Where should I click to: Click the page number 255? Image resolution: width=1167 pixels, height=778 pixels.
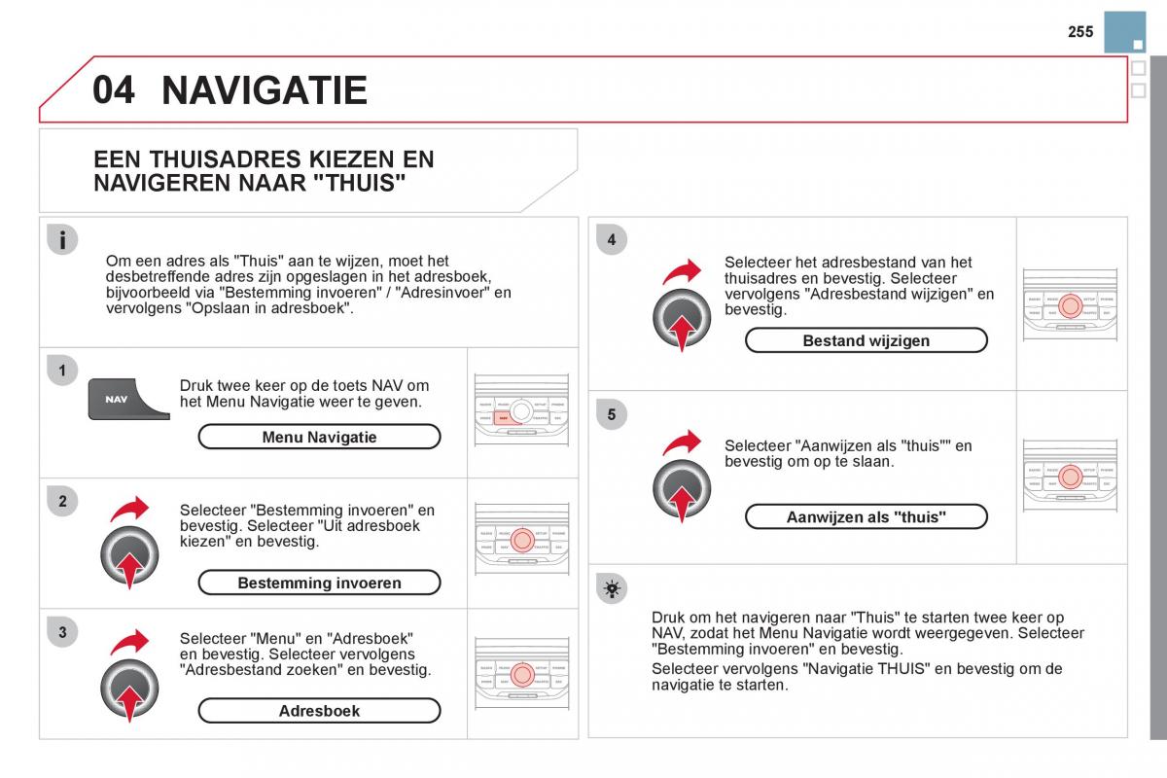click(x=1079, y=32)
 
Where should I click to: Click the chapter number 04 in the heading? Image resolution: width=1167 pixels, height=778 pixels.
click(x=114, y=89)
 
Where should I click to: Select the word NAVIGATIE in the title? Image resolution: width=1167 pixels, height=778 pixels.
click(x=265, y=89)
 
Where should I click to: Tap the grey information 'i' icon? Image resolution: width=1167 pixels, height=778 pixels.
click(x=62, y=240)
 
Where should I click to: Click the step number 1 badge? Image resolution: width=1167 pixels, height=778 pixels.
click(x=62, y=371)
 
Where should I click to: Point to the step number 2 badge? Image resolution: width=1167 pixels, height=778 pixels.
click(x=62, y=502)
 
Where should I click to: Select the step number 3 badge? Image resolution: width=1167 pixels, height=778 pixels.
click(x=62, y=633)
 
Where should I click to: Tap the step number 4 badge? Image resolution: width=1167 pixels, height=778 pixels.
click(x=612, y=240)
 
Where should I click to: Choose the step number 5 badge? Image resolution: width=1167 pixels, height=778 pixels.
click(x=612, y=415)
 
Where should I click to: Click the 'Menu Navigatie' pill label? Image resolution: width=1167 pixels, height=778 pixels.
click(x=319, y=438)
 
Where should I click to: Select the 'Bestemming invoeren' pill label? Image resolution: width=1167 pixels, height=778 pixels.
click(x=319, y=583)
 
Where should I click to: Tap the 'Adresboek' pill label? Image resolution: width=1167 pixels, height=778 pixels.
click(x=319, y=711)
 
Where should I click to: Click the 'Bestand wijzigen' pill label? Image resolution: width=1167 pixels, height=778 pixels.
click(x=866, y=340)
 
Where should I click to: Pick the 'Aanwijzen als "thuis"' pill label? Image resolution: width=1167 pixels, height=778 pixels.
click(x=866, y=517)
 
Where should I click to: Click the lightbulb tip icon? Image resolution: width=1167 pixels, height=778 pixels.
click(x=612, y=588)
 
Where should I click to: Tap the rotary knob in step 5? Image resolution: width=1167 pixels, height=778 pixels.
click(x=681, y=486)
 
